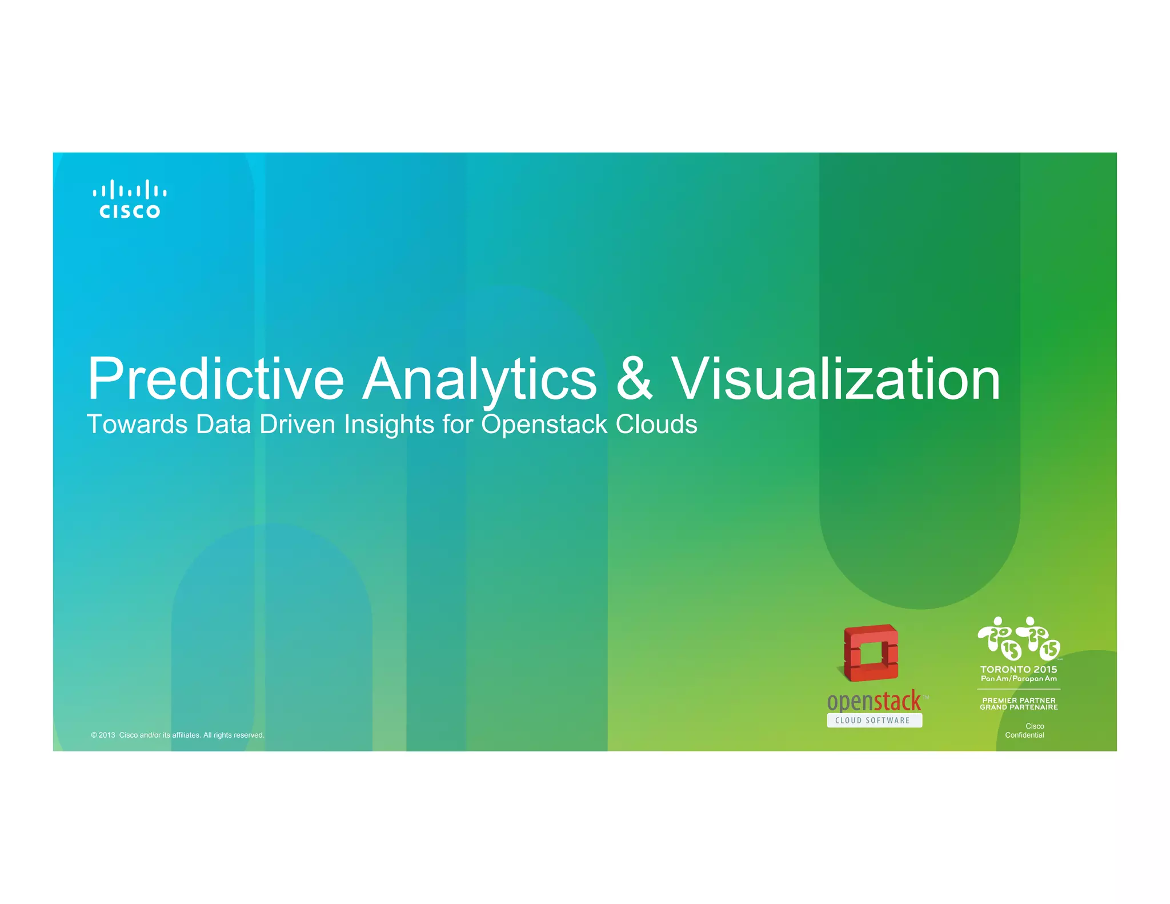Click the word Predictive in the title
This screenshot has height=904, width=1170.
coord(215,379)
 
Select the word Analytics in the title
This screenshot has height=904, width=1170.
coord(480,379)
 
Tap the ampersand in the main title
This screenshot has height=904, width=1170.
coord(634,379)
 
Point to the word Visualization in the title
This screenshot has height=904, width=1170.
coord(835,379)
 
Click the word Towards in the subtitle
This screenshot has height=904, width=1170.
coord(137,425)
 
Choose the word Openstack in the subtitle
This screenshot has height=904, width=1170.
coord(544,425)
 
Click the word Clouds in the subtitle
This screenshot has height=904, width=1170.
coord(656,425)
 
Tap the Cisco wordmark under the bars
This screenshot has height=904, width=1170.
coord(130,211)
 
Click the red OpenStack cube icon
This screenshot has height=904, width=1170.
coord(870,653)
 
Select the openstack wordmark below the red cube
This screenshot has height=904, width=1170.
coord(874,701)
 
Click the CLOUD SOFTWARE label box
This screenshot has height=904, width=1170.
coord(874,721)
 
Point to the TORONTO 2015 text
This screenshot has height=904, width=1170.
coord(1019,669)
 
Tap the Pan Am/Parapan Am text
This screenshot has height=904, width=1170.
coord(1019,679)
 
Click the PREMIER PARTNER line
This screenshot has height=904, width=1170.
coord(1019,700)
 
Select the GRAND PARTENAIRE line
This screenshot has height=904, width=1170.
coord(1019,707)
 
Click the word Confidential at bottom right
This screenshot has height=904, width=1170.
coord(1024,735)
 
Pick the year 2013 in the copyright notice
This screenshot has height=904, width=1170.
coord(107,735)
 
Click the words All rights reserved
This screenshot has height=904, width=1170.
coord(234,735)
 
